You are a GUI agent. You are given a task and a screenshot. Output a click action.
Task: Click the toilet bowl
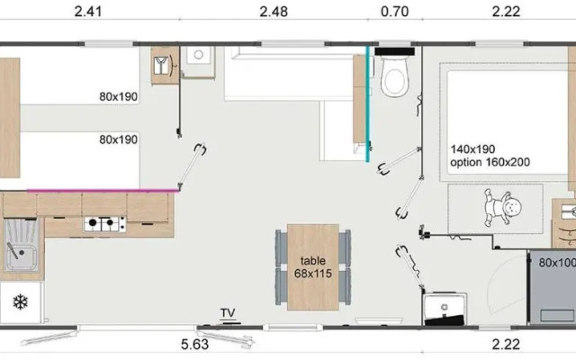click(394, 76)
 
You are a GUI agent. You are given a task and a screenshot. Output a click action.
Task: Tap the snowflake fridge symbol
click(21, 302)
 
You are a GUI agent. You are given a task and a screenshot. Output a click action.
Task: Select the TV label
click(228, 313)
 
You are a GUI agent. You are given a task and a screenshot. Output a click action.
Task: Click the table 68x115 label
click(313, 267)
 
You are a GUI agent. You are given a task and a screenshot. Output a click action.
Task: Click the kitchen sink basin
click(22, 246)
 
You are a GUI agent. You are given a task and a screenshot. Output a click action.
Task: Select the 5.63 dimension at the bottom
click(194, 345)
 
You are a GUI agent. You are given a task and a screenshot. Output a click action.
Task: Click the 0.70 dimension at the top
click(394, 12)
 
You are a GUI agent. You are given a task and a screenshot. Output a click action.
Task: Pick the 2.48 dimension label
click(274, 12)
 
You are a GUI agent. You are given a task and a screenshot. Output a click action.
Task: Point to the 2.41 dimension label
click(88, 12)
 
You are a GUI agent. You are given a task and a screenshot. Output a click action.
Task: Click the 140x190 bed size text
click(472, 149)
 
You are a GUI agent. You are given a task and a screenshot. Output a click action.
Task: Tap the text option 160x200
click(490, 162)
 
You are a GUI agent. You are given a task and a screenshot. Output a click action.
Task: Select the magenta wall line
click(103, 191)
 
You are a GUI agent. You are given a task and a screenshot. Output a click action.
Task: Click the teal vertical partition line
click(367, 103)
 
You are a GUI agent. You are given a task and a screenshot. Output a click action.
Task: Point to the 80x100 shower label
click(557, 263)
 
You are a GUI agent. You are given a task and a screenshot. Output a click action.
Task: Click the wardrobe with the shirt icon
click(165, 66)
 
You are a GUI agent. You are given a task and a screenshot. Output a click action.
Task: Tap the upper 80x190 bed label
click(118, 96)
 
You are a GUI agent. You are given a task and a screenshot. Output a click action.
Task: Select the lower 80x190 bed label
click(118, 139)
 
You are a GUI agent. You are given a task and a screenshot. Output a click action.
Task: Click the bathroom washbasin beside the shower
click(445, 308)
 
